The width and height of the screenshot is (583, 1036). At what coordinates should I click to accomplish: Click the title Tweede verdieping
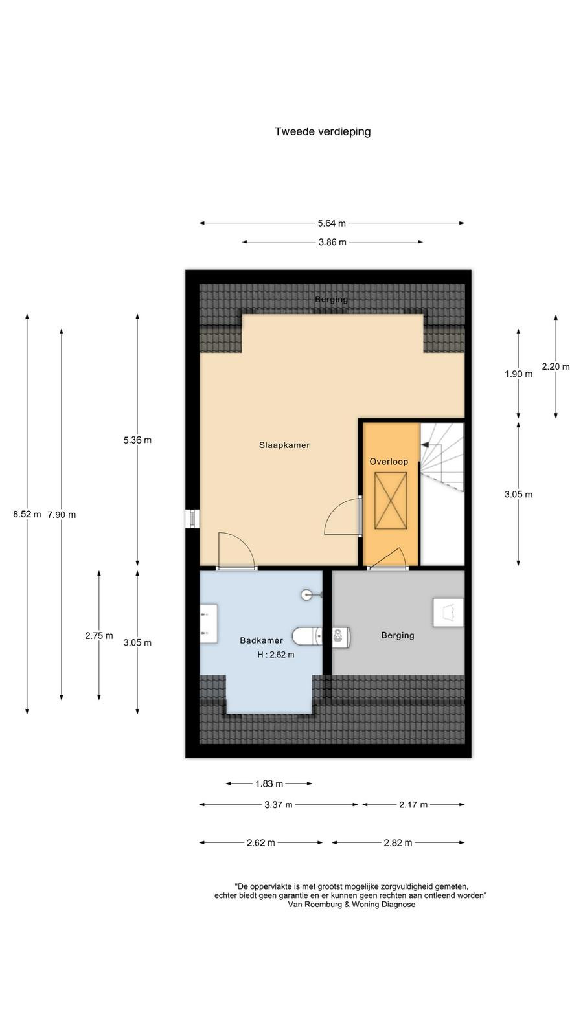323,132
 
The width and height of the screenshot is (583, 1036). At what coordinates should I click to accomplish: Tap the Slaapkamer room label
284,445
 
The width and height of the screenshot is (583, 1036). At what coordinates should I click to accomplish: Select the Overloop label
389,462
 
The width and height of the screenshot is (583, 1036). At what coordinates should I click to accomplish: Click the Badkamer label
262,640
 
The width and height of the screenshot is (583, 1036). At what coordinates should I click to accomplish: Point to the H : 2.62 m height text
276,655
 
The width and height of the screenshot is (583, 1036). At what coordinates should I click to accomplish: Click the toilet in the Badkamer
308,636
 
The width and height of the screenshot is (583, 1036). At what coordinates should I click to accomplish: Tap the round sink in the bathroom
307,595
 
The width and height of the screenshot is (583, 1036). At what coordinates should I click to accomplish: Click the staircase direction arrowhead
424,445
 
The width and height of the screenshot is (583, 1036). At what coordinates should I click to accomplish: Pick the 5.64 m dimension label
332,223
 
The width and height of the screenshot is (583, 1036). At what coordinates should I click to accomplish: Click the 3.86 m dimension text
332,242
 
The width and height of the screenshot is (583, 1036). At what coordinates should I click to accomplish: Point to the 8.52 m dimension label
27,514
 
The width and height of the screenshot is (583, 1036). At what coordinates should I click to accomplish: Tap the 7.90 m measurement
62,515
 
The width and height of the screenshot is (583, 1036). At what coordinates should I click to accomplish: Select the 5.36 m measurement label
137,440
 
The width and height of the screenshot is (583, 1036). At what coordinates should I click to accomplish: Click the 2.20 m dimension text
556,366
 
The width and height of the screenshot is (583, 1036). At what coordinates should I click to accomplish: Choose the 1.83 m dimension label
269,784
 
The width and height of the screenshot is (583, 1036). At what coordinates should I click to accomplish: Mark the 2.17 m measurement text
413,805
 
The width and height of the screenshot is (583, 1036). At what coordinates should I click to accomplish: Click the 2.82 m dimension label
398,842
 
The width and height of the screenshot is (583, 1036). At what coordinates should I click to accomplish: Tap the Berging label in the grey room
398,635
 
